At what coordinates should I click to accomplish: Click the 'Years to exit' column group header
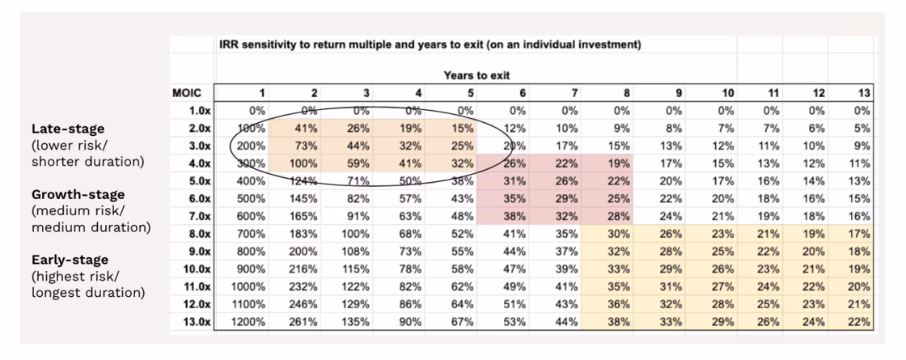(x=476, y=75)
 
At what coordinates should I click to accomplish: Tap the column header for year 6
(x=523, y=92)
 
